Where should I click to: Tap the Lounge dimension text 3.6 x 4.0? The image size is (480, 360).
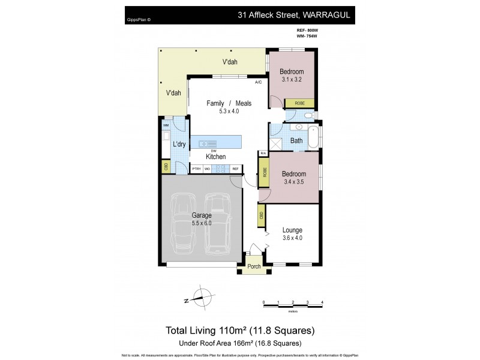(292, 238)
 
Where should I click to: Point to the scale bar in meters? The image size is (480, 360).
(293, 305)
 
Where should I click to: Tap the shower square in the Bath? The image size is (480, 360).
(277, 143)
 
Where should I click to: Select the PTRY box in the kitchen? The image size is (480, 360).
(197, 170)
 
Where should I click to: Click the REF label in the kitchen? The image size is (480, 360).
(235, 170)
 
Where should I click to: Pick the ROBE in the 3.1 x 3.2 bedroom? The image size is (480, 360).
(299, 103)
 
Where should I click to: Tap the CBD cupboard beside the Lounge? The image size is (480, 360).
(262, 215)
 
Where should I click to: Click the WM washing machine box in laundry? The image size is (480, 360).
(166, 125)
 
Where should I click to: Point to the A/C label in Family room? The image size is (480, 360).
(259, 82)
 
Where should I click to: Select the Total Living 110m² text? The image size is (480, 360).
(239, 330)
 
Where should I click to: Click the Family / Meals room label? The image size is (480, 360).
(229, 103)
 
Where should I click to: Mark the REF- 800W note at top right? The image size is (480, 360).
(308, 29)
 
